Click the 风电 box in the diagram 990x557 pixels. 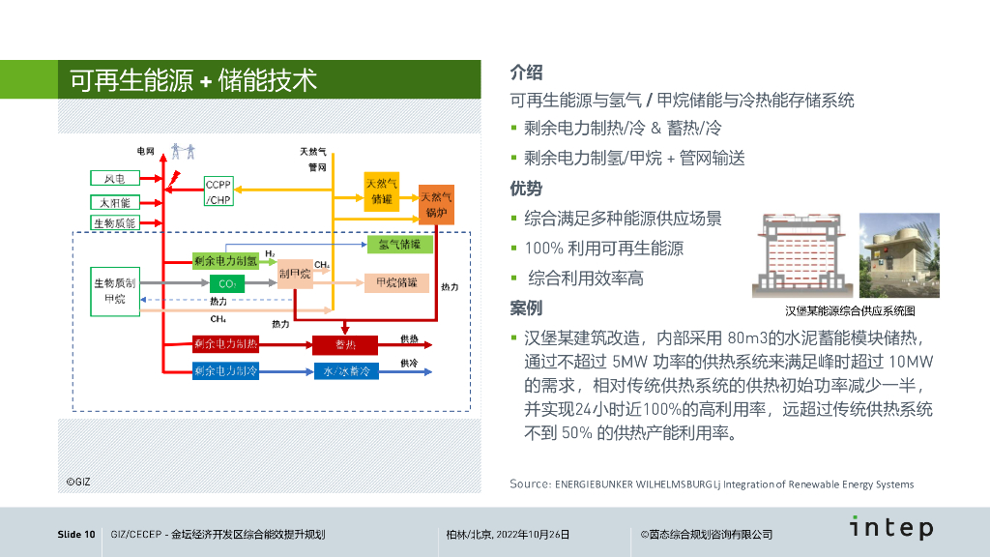pos(116,179)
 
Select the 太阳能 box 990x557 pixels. pos(116,202)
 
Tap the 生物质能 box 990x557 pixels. pos(116,223)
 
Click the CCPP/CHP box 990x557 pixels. pos(218,191)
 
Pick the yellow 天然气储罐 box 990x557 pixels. pos(382,191)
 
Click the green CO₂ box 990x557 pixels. pos(227,283)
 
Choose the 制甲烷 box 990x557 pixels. pos(295,276)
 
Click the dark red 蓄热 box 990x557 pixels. pos(345,344)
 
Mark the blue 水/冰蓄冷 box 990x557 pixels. pos(345,371)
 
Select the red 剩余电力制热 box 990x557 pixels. pos(225,343)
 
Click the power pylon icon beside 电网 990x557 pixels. pos(183,151)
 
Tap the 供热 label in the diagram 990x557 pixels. pos(410,338)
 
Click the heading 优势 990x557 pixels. pos(526,189)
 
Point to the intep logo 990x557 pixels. pos(891,528)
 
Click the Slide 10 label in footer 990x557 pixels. pos(76,534)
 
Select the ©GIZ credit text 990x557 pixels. pos(78,481)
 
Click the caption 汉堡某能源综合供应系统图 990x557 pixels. pos(849,311)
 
